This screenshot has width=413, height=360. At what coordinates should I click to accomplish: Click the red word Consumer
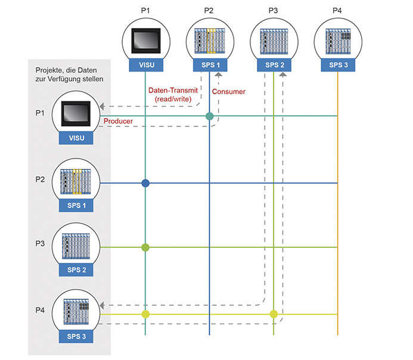pos(229,92)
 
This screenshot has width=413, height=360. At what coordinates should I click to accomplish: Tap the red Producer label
pos(118,121)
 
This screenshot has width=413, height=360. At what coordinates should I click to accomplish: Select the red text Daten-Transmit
pos(173,91)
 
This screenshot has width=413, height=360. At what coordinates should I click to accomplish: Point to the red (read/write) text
pos(173,99)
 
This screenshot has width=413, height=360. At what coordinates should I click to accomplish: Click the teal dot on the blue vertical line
pos(209,116)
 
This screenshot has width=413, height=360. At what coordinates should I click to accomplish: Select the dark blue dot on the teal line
pos(145,183)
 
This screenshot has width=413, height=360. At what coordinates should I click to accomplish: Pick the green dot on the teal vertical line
pos(145,247)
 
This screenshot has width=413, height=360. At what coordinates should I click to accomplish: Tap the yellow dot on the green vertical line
pos(274,314)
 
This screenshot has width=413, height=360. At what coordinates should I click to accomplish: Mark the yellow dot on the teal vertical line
pos(145,314)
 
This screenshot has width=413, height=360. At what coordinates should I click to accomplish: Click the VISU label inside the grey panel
pos(76,138)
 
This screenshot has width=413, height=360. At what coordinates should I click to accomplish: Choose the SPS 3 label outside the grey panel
pos(338,65)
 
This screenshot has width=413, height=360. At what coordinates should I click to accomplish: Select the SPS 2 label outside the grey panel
pos(274,65)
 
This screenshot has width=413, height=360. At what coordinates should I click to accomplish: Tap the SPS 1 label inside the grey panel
pos(76,206)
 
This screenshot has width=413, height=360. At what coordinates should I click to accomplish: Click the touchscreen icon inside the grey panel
pos(76,114)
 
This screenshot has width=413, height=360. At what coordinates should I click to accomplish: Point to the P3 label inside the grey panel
pos(40,244)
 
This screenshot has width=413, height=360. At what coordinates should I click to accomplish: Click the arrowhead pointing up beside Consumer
pos(219,75)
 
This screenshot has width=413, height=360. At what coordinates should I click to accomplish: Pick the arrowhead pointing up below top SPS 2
pos(283,75)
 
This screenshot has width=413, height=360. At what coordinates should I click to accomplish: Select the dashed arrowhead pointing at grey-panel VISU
pos(102,107)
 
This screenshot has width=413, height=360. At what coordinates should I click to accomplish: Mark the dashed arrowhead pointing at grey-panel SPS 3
pos(102,306)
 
